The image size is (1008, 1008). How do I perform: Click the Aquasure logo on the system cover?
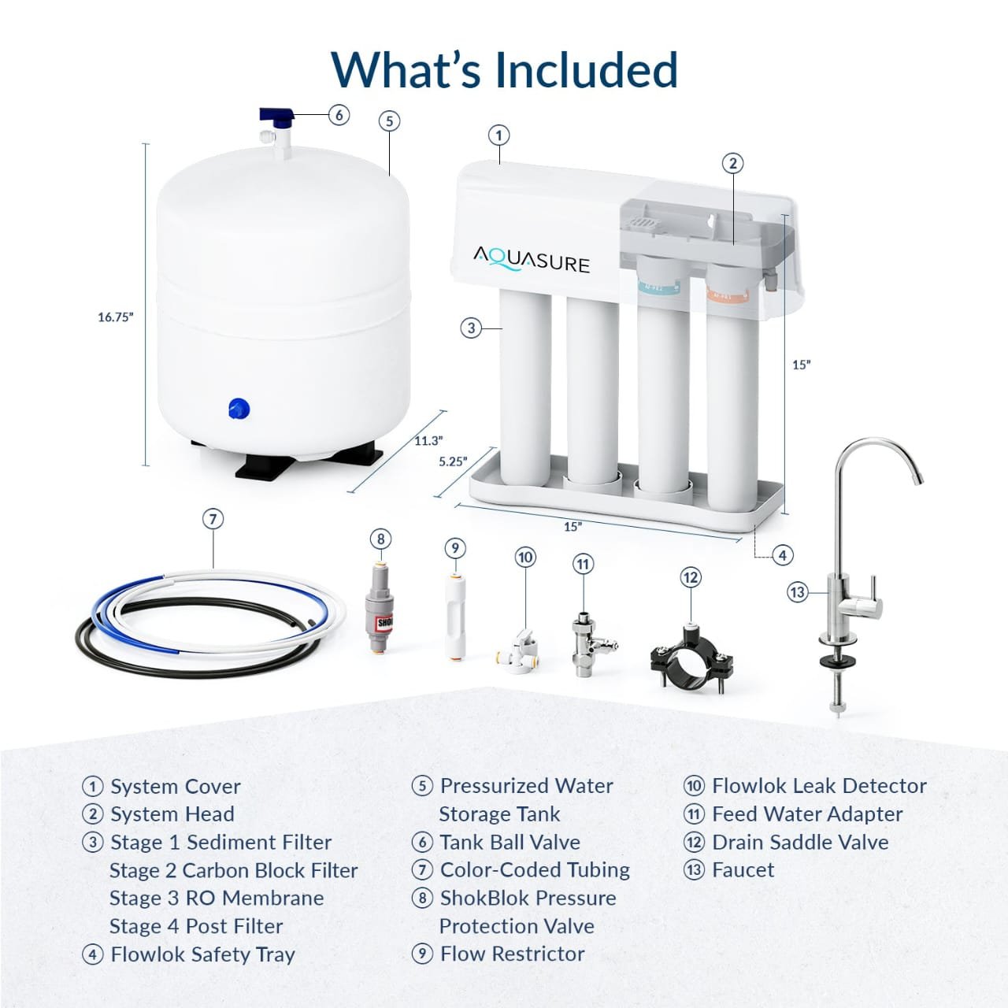click(x=531, y=259)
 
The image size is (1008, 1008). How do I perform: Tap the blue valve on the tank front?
click(x=239, y=409)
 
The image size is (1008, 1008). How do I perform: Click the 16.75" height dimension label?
click(x=116, y=317)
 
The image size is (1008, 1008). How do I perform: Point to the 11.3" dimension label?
click(x=428, y=440)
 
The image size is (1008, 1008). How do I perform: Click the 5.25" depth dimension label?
click(x=453, y=461)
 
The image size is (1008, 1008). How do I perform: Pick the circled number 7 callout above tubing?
click(x=213, y=519)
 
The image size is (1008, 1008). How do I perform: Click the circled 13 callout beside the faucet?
click(x=798, y=592)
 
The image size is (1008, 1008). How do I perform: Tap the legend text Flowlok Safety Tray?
click(x=202, y=954)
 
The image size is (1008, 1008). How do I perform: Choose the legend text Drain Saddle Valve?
click(x=799, y=842)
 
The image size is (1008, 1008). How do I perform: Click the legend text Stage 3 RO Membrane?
click(x=217, y=899)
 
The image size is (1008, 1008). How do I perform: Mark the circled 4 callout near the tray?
click(x=782, y=555)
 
